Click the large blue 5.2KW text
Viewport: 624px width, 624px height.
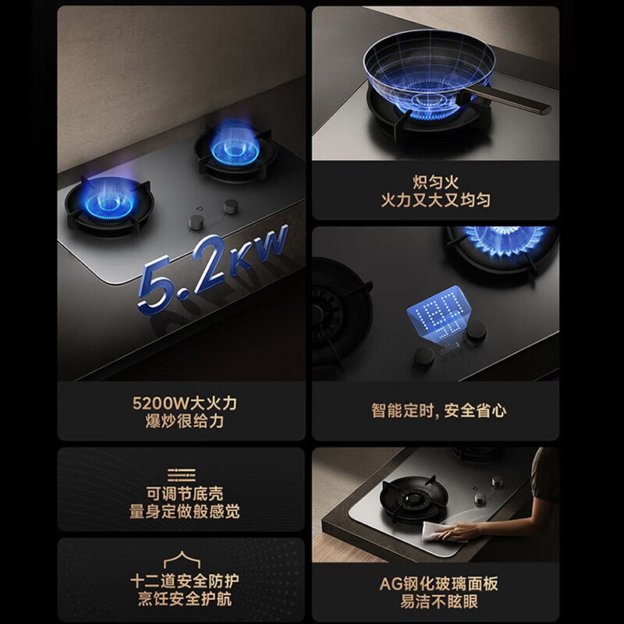point(213,267)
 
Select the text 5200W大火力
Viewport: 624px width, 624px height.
point(185,403)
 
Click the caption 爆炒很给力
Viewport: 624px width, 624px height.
point(185,421)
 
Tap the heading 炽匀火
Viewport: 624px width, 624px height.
point(435,183)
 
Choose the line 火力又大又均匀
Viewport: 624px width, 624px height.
point(435,200)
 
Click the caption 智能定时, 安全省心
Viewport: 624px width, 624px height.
point(438,411)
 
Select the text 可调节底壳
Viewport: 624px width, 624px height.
point(185,494)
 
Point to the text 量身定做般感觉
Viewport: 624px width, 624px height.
point(185,512)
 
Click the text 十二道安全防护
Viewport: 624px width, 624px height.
point(185,581)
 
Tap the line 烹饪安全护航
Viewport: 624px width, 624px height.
point(185,598)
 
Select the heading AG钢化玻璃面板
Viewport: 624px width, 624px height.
point(438,583)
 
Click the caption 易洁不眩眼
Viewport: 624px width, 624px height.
point(438,601)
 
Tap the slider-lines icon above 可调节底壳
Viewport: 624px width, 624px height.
point(182,475)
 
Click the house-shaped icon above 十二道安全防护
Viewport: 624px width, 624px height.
point(182,559)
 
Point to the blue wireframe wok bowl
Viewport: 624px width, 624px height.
point(429,72)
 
